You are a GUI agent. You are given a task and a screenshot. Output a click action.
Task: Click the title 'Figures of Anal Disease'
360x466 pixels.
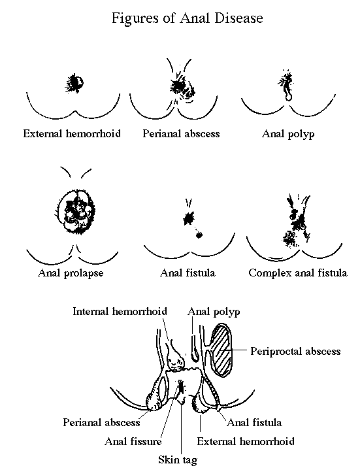[x=187, y=18]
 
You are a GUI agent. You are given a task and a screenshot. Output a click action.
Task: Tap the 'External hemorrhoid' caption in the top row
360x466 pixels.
[x=72, y=133]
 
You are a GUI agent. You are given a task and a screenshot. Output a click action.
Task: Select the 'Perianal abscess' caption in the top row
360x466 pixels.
[x=181, y=133]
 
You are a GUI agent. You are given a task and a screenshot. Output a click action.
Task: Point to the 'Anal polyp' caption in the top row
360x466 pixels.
[x=288, y=134]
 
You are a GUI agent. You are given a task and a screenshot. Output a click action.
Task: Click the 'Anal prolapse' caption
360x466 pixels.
[x=71, y=273]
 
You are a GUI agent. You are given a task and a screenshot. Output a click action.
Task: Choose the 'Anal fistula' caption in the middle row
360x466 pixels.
[x=188, y=273]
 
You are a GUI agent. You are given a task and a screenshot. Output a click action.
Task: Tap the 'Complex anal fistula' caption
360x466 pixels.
[x=298, y=273]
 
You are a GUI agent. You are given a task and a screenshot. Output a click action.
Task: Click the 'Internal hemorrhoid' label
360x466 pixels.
[x=120, y=311]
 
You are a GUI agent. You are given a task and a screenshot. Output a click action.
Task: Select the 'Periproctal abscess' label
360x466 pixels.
[x=295, y=351]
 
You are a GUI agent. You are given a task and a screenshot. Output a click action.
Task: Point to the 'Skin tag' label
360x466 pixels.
[x=178, y=459]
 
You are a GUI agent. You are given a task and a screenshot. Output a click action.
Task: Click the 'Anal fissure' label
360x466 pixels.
[x=133, y=441]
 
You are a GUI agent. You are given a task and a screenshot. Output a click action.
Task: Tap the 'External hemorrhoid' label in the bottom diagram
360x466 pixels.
[x=246, y=441]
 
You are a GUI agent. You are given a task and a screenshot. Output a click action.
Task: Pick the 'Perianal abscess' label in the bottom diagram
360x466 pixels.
[x=101, y=422]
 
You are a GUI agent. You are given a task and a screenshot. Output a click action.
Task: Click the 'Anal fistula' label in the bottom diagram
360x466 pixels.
[x=254, y=422]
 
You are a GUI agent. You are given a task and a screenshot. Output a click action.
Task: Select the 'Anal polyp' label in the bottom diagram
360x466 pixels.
[x=214, y=312]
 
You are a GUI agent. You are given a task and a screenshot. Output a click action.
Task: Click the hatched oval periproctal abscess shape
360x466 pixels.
[x=221, y=351]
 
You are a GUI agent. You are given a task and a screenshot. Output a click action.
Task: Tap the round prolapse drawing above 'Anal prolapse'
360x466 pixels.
[x=76, y=212]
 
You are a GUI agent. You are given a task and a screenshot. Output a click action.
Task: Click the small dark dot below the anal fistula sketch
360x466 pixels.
[x=199, y=235]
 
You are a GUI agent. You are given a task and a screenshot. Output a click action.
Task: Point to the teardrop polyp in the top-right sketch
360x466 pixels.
[x=288, y=95]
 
